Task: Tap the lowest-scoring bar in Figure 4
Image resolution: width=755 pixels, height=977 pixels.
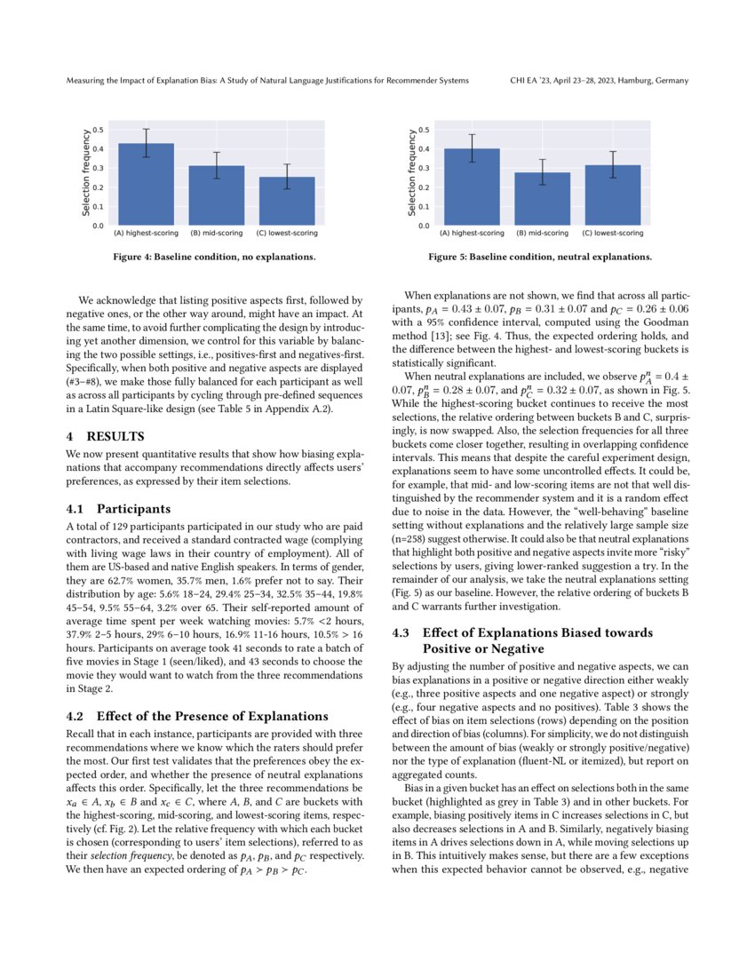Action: tap(286, 202)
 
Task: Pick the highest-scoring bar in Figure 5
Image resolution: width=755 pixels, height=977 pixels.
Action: tap(472, 187)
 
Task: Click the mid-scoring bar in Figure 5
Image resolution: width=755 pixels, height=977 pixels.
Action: tap(542, 199)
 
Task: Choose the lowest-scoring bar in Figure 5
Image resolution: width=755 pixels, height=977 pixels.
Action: tap(613, 195)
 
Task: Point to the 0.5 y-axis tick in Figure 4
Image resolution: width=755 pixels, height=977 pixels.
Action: tap(99, 130)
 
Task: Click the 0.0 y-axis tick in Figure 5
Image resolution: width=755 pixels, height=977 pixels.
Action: tap(425, 226)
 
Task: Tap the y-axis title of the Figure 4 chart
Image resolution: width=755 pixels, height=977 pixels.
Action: tap(86, 174)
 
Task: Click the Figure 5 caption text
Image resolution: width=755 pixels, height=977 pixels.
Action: tap(540, 258)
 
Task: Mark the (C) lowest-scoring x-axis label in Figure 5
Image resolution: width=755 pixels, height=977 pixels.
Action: tap(613, 234)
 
